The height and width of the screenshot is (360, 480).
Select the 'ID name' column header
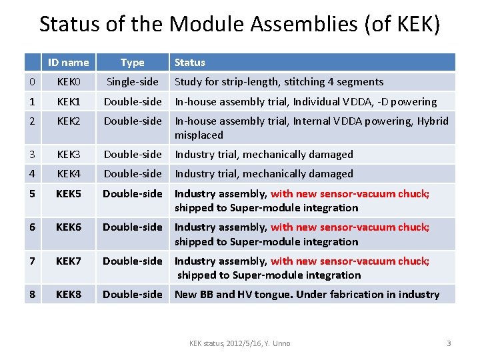click(x=68, y=63)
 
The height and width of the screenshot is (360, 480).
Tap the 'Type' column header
click(x=132, y=63)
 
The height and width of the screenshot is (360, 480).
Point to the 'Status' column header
click(x=190, y=63)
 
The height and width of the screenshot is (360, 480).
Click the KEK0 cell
click(x=68, y=82)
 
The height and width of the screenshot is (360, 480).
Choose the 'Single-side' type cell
click(x=132, y=82)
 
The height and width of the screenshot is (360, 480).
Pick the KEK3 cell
click(x=68, y=155)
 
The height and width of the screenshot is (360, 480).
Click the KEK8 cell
click(x=68, y=295)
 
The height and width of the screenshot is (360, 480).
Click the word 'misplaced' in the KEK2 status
click(x=199, y=135)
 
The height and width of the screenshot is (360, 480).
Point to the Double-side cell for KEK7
click(x=132, y=261)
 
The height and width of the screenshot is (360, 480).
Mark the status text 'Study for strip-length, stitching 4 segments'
click(x=279, y=82)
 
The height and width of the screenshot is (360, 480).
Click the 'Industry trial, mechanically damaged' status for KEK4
click(x=263, y=174)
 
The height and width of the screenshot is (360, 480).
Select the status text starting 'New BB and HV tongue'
click(x=307, y=295)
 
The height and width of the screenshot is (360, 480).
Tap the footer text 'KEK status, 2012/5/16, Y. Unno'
click(x=239, y=343)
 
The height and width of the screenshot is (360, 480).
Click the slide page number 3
click(x=449, y=343)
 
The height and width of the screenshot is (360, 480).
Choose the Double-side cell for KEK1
click(x=132, y=102)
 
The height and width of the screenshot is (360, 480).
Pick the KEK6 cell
click(x=68, y=227)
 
